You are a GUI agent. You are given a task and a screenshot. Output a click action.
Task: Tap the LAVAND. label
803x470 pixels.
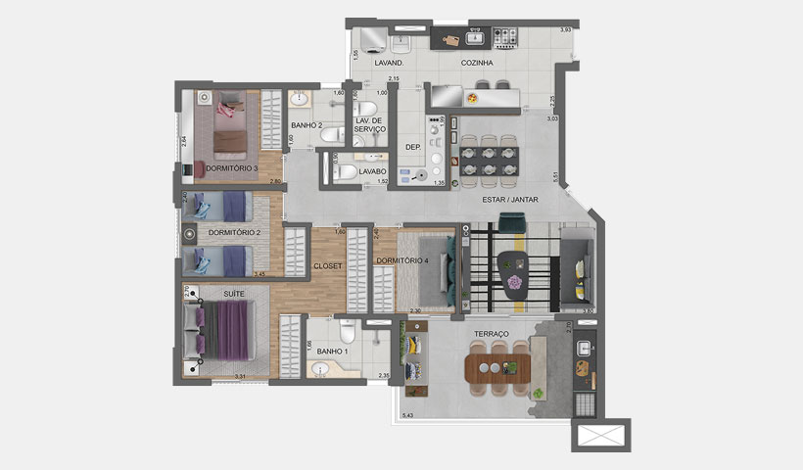[x=390, y=64]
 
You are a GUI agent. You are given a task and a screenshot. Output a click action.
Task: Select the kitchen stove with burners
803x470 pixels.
[x=505, y=38]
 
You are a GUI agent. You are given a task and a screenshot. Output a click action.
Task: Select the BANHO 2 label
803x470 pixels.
[x=307, y=125]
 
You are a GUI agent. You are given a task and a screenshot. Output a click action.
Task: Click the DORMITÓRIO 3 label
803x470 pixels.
[x=231, y=168]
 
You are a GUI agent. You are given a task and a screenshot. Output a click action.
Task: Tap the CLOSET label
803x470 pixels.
[x=327, y=265]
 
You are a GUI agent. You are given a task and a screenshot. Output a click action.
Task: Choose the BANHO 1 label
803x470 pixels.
[x=331, y=352]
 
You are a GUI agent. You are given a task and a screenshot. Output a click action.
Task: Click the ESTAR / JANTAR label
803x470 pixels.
[x=510, y=200]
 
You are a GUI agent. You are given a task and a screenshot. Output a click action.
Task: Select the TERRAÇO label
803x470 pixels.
[x=492, y=334]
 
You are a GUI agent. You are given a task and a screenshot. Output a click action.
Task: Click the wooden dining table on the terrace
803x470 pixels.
[x=499, y=368]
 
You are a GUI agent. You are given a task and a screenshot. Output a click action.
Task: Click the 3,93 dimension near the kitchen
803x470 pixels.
[x=565, y=30]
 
